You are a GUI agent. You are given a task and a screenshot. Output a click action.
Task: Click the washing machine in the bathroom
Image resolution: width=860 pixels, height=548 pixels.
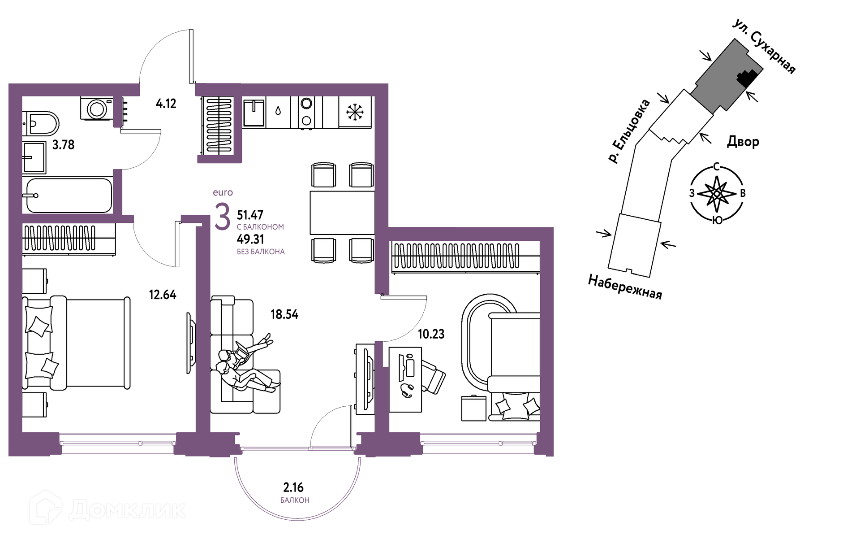point(97,109)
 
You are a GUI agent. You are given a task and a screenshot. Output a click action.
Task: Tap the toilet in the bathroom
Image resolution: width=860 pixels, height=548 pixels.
point(41,123)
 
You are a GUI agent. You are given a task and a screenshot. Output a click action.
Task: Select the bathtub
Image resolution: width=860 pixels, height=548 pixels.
point(69,196)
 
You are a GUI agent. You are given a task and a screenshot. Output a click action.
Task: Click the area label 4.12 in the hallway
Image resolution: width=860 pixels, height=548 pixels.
point(166,104)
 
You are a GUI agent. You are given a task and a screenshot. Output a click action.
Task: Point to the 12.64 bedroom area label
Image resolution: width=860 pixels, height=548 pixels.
point(163,295)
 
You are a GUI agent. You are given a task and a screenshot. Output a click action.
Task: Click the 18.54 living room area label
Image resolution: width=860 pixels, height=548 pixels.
point(284,314)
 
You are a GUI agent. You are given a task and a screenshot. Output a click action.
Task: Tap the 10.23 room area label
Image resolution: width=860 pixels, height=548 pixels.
point(431,334)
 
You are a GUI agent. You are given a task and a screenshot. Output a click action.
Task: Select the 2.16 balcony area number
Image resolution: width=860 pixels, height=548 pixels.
point(293,487)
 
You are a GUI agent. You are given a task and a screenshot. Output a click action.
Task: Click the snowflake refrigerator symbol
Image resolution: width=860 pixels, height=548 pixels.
point(355,112)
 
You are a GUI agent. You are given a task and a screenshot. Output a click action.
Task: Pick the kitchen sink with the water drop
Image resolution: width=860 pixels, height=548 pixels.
point(266,112)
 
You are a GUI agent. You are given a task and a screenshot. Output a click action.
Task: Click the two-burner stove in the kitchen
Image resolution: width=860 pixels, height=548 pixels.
point(306,112)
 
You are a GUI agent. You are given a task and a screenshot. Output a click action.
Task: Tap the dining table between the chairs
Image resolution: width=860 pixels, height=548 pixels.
point(342,213)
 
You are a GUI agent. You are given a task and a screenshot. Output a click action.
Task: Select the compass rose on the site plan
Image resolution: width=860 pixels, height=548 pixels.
point(717,194)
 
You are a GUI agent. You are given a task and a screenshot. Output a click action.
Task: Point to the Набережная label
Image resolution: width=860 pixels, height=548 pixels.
point(625,287)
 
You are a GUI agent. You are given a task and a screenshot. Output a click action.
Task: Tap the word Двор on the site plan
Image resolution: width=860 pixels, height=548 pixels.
point(743,142)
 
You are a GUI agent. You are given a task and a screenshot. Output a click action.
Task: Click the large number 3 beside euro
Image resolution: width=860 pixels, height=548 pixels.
point(223,217)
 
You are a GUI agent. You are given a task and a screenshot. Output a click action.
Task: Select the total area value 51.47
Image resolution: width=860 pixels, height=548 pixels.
point(250,215)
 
